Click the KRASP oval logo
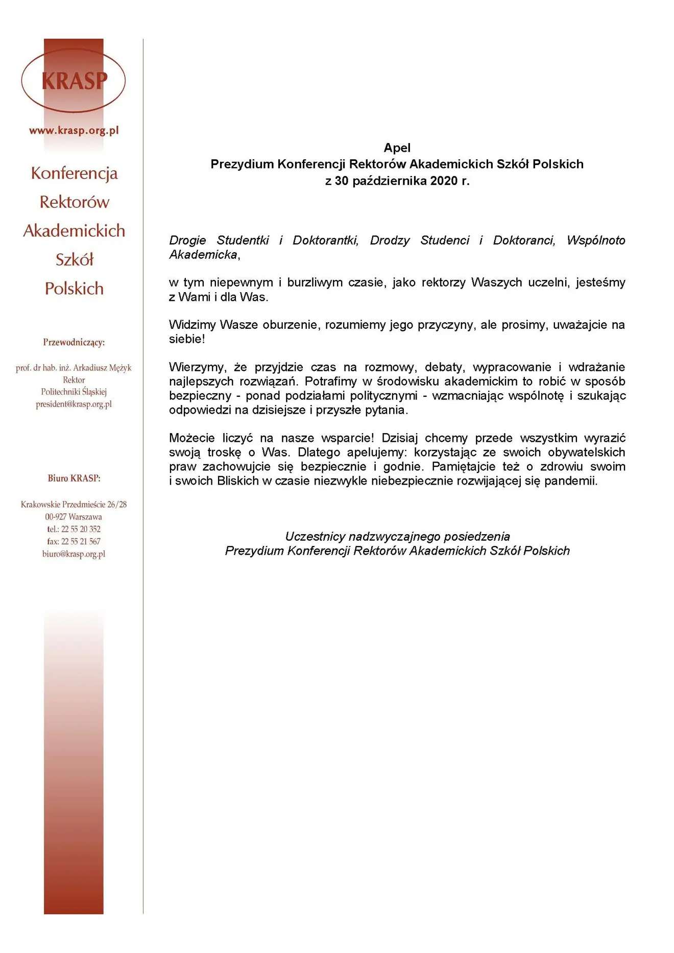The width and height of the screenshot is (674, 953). click(74, 81)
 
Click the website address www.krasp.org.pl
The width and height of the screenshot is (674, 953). click(74, 130)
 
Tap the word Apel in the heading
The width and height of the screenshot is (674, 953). click(397, 148)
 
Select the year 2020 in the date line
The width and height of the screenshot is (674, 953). click(444, 181)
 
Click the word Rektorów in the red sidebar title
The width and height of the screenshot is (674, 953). click(74, 202)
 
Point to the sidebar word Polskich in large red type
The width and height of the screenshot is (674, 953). click(74, 289)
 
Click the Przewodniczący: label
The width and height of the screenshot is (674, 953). click(74, 342)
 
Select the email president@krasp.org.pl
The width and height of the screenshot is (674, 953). click(74, 404)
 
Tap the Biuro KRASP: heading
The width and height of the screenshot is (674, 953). click(74, 478)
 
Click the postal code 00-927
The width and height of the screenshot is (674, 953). click(56, 517)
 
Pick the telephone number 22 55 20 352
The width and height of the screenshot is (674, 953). click(81, 529)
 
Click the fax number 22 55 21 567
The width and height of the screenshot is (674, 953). click(81, 541)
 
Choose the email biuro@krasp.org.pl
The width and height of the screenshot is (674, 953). click(74, 554)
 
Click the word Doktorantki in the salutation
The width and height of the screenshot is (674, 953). click(325, 241)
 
